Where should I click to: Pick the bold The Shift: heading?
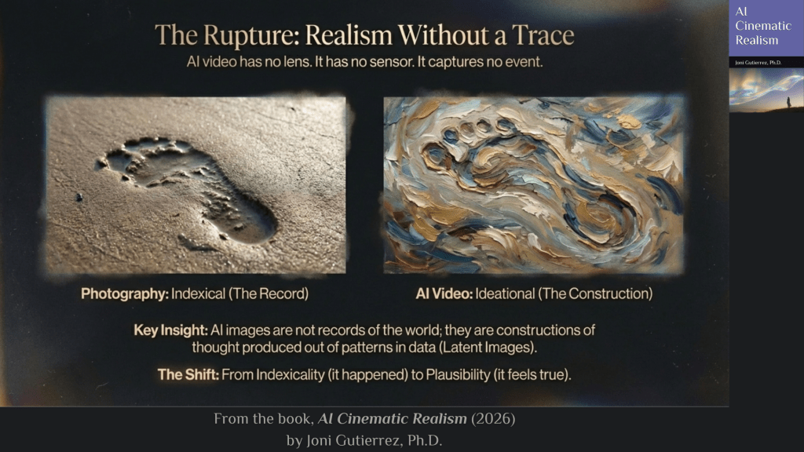tap(188, 374)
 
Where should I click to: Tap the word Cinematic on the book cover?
tap(763, 26)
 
